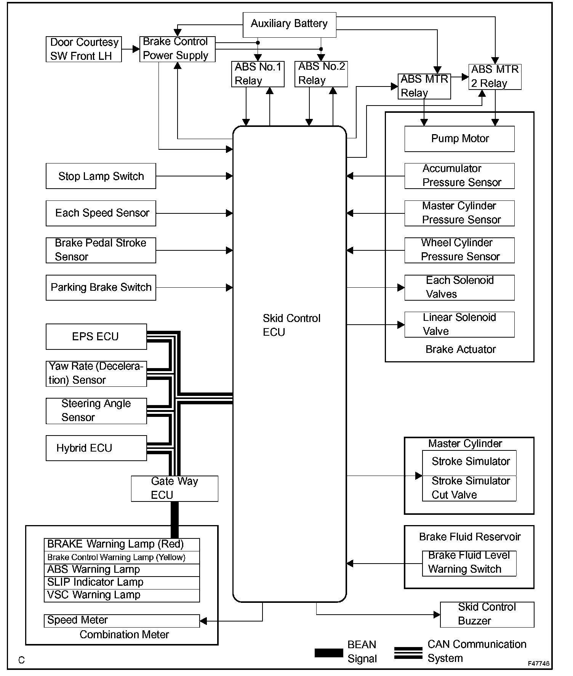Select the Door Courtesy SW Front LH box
83,49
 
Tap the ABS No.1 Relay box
258,74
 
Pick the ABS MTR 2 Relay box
495,77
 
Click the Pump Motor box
459,139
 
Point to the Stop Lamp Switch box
101,176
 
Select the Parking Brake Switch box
101,287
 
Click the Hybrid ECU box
96,448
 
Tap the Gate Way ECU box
174,488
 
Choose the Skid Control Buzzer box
487,614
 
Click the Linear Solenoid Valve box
459,324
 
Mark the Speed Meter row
122,621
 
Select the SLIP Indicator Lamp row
122,583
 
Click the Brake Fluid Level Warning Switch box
469,563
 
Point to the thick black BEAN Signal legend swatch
328,653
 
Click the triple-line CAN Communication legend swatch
408,653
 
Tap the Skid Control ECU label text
291,325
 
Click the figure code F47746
538,663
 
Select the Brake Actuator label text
460,349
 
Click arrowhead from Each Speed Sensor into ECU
229,213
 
